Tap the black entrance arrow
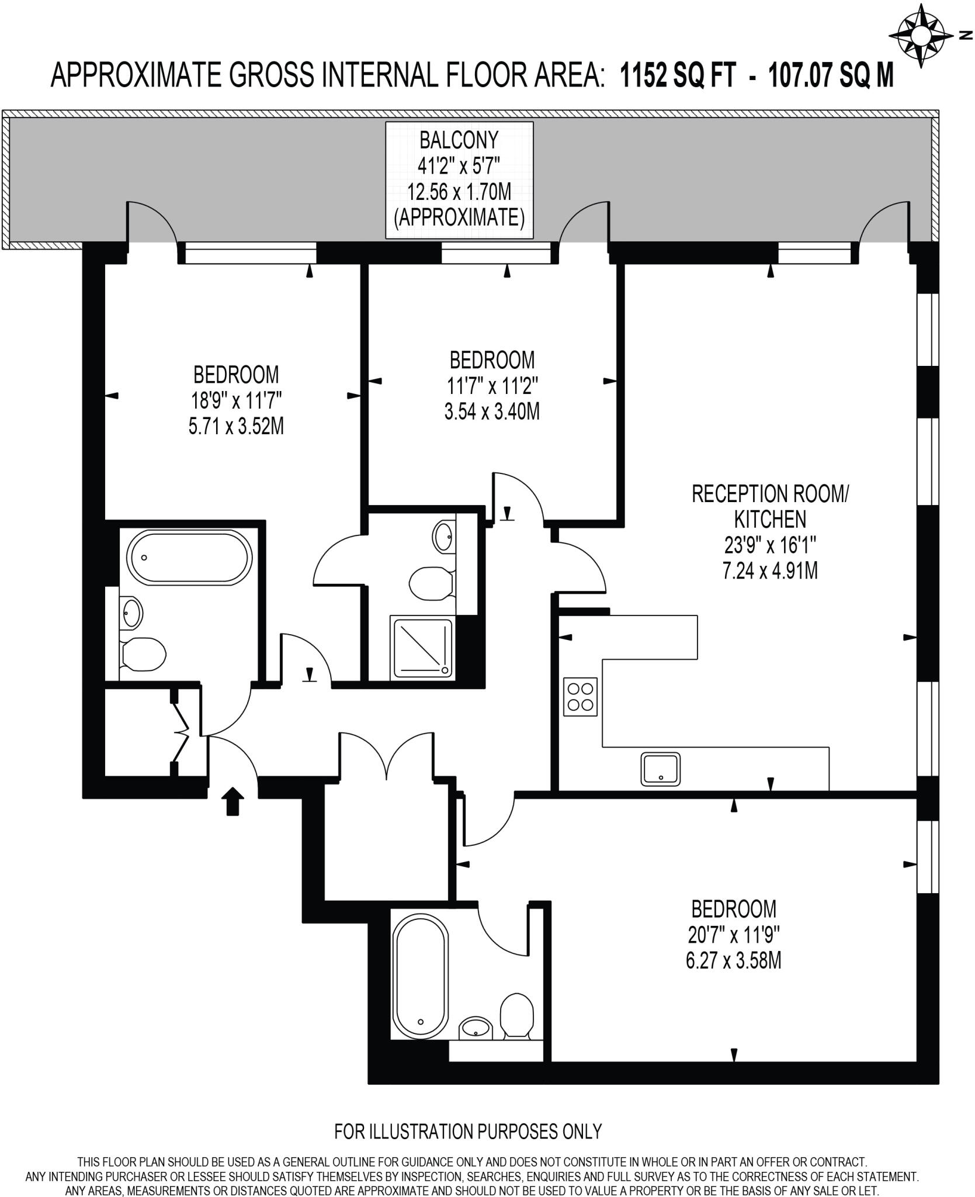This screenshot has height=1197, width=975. point(233,800)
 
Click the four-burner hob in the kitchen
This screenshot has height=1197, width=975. point(580,696)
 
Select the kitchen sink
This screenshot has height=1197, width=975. point(661,769)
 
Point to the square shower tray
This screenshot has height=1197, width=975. point(423,649)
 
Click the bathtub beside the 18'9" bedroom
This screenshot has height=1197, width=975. point(189,558)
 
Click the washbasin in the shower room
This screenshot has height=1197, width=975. point(443,534)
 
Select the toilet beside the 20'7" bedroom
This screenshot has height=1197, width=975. point(517,1016)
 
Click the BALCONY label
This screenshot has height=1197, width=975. point(459,140)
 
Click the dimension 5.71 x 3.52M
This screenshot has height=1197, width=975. point(236,427)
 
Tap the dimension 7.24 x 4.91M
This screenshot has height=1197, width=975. point(769,570)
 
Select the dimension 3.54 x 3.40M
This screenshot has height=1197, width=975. point(491,411)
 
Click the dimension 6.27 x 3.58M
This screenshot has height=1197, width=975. point(733,961)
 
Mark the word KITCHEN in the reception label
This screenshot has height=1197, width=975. point(769,519)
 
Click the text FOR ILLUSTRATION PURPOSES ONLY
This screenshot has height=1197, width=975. point(467,1131)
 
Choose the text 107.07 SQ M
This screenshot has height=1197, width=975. point(831,75)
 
